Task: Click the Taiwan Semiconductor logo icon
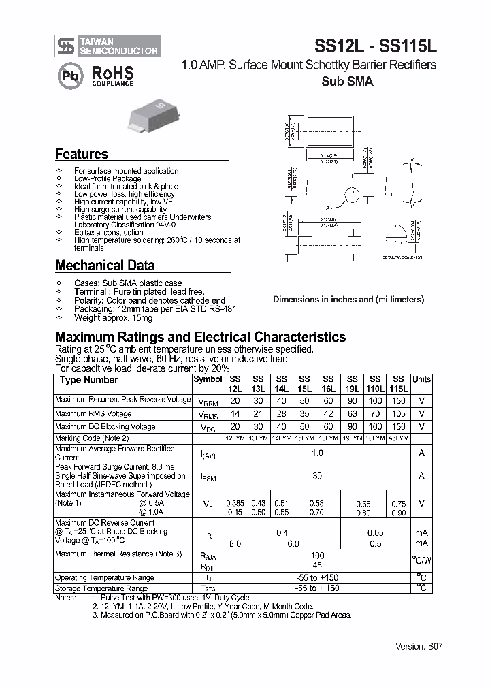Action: click(66, 46)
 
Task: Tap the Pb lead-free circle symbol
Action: click(70, 76)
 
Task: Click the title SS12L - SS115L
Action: click(375, 46)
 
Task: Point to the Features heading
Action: click(82, 155)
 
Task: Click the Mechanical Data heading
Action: click(105, 266)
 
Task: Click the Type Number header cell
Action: click(88, 380)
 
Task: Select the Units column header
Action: click(422, 379)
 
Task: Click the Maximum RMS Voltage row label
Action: click(93, 414)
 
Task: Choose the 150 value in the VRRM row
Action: click(399, 400)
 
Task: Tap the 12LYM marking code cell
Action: click(235, 438)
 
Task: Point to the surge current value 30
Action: click(317, 477)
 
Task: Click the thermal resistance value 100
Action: click(317, 555)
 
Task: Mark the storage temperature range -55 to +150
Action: click(317, 588)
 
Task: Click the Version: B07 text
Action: click(419, 646)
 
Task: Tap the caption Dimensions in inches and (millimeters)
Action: click(348, 299)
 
